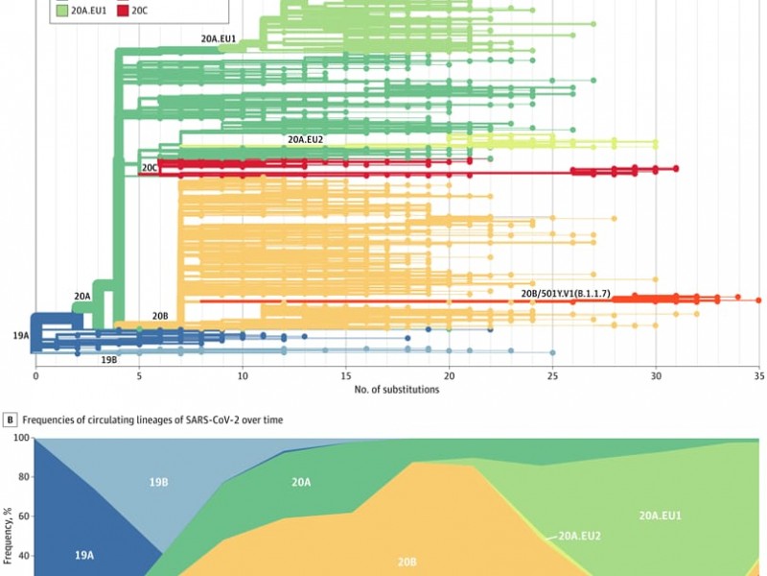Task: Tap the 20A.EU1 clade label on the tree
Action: pyautogui.click(x=219, y=39)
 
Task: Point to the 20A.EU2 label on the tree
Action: pyautogui.click(x=305, y=139)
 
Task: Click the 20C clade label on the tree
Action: pyautogui.click(x=150, y=168)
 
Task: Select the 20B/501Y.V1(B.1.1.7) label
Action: pyautogui.click(x=565, y=293)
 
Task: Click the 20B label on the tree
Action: pyautogui.click(x=160, y=316)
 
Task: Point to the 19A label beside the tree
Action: pyautogui.click(x=21, y=336)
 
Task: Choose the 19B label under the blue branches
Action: pyautogui.click(x=109, y=359)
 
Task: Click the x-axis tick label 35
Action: pyautogui.click(x=758, y=375)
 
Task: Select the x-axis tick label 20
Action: pyautogui.click(x=449, y=375)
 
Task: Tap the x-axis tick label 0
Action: pyautogui.click(x=35, y=375)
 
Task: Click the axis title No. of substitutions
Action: pyautogui.click(x=396, y=390)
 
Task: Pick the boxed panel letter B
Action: pyautogui.click(x=11, y=420)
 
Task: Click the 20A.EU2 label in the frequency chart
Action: pyautogui.click(x=579, y=535)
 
